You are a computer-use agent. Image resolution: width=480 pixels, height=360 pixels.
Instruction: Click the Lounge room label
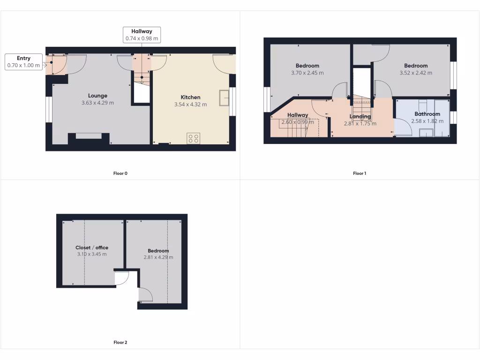coord(97,96)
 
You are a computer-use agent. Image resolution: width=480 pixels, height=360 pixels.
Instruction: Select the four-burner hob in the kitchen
coord(193,138)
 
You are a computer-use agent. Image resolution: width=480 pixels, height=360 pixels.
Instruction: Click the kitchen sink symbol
coord(224,99)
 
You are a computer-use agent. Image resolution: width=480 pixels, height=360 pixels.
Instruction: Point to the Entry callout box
coord(23,62)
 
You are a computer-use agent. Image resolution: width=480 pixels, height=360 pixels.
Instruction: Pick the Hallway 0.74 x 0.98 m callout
coord(142,35)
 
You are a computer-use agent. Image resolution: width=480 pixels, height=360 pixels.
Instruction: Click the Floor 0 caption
coord(120,173)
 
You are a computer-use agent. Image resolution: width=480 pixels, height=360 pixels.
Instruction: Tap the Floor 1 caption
coord(360,173)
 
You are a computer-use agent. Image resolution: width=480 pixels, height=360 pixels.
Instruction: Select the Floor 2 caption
coord(120,343)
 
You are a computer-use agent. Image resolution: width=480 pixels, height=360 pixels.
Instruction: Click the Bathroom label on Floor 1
coord(427,114)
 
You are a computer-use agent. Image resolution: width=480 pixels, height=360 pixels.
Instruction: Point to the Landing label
coord(360,117)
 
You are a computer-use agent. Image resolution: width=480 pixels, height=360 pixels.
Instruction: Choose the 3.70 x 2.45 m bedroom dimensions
coord(307,73)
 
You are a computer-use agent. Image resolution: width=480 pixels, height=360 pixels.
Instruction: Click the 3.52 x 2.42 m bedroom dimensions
coord(416,73)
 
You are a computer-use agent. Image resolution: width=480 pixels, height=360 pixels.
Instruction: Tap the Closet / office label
coord(92,247)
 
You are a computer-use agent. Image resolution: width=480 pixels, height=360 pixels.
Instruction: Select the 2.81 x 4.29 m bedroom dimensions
coord(158,257)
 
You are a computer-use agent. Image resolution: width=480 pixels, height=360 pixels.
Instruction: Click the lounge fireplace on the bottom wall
coord(89,136)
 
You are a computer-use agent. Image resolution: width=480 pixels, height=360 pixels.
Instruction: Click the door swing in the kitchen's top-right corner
coord(223,63)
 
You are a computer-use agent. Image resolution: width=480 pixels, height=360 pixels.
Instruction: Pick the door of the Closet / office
coord(121,278)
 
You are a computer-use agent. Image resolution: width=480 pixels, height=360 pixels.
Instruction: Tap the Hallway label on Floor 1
coord(298,115)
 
